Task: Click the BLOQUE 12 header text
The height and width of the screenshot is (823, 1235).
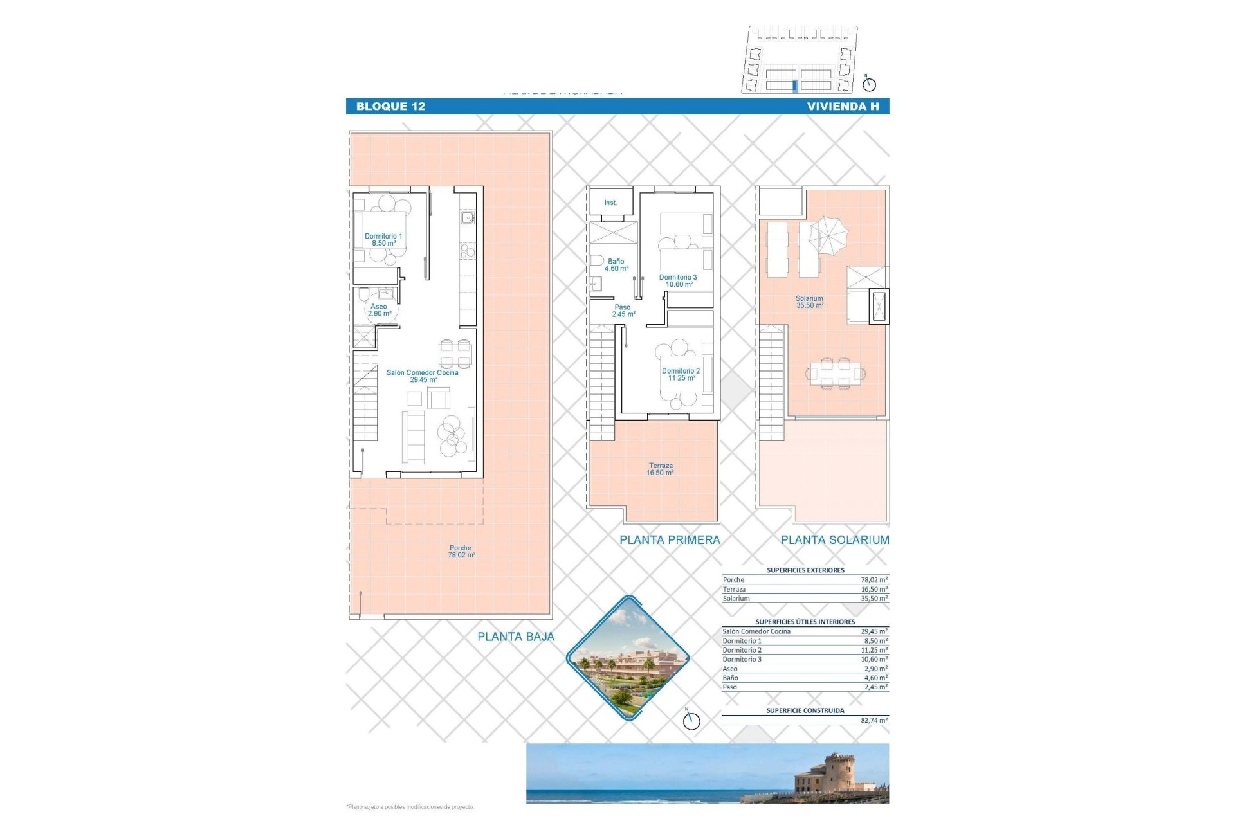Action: [390, 107]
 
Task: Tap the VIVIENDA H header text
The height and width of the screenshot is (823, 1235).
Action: [843, 107]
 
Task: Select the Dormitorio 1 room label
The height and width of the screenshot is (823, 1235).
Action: [383, 239]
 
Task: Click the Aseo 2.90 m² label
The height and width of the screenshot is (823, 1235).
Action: [379, 310]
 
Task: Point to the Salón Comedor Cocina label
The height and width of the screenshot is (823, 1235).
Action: [422, 376]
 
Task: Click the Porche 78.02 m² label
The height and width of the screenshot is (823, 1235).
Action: [461, 552]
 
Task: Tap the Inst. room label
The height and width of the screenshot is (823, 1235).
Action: [610, 203]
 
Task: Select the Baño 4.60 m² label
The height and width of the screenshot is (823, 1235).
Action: [616, 265]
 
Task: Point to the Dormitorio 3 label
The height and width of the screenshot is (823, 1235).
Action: [678, 281]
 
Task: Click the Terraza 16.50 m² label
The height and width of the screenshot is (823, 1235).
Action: [660, 469]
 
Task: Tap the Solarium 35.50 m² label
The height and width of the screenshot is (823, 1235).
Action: [809, 302]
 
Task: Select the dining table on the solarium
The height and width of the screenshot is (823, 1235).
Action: [835, 373]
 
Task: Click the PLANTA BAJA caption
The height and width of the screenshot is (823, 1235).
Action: [515, 637]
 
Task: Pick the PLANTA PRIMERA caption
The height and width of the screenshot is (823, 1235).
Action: [670, 540]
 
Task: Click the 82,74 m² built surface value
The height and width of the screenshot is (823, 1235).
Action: [874, 721]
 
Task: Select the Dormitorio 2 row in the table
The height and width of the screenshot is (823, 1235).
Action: [804, 650]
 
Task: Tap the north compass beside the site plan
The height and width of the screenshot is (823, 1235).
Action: [869, 84]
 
